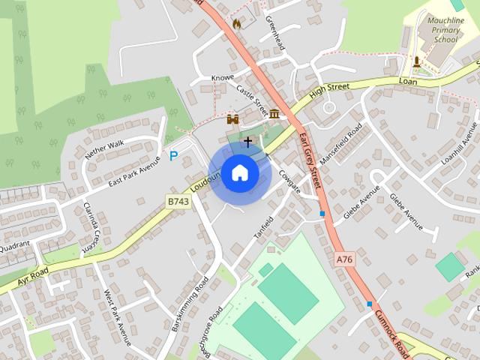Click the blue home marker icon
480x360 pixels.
click(239, 173)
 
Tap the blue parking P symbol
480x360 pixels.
click(173, 156)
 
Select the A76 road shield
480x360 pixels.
click(343, 259)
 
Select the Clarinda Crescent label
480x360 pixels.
click(91, 225)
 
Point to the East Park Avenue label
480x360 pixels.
click(135, 172)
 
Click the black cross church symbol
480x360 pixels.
click(248, 140)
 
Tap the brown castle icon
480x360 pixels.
click(232, 118)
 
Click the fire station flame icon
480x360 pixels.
click(237, 24)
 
